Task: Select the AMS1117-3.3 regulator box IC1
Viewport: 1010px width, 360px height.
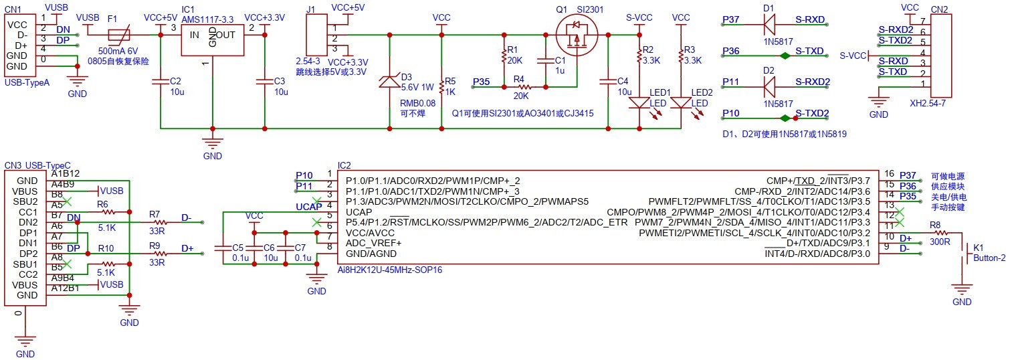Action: coord(212,37)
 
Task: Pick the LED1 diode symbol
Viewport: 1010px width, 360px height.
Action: coord(639,103)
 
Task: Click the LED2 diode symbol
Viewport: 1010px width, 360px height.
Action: coord(680,103)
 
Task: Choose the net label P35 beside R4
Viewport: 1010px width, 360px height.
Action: coord(481,82)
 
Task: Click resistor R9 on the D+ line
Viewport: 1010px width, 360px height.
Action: coord(159,254)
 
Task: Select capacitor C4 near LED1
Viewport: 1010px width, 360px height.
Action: coord(607,82)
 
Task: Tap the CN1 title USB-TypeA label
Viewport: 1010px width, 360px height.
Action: coord(27,82)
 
